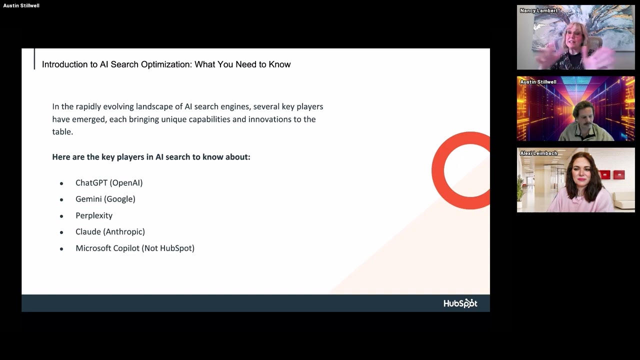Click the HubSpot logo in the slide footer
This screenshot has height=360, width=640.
460,303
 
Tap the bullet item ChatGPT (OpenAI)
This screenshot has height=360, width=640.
109,183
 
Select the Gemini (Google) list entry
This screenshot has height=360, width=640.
105,199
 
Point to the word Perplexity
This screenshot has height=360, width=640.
94,215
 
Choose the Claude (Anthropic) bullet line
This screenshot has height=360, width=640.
110,231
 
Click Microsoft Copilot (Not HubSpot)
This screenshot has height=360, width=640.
135,248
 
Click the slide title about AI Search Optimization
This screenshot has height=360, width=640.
166,64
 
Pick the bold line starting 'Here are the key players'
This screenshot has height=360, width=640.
151,157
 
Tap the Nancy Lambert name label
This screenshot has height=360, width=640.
538,10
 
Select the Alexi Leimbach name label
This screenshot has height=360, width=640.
538,153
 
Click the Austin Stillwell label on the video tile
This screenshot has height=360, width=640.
538,82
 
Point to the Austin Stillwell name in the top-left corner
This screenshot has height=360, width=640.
21,5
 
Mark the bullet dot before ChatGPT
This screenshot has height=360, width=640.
61,183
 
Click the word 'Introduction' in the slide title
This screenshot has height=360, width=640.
64,64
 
